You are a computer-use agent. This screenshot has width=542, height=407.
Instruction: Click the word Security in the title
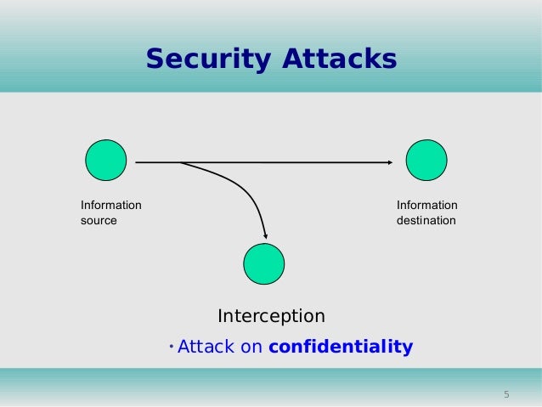tap(204, 59)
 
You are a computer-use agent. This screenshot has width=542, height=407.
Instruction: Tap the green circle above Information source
tap(106, 160)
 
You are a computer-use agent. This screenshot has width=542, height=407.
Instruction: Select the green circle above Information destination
tap(426, 161)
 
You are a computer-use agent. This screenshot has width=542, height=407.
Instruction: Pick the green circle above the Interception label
tap(264, 264)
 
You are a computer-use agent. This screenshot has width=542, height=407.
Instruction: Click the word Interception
tap(271, 316)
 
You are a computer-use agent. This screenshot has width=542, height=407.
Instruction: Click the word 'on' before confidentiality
tap(252, 347)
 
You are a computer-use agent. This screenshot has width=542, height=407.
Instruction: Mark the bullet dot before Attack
tap(171, 345)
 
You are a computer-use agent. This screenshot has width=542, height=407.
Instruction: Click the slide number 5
tap(506, 394)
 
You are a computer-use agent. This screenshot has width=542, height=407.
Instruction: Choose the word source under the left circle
tap(99, 221)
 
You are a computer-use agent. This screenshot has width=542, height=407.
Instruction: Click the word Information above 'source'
tap(111, 206)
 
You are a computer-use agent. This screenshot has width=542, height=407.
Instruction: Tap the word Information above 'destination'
tap(426, 206)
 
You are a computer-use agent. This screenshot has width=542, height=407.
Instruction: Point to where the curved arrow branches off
tap(181, 161)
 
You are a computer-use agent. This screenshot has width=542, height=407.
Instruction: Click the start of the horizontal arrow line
tap(137, 161)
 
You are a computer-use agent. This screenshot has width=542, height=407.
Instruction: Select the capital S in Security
tap(155, 59)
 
